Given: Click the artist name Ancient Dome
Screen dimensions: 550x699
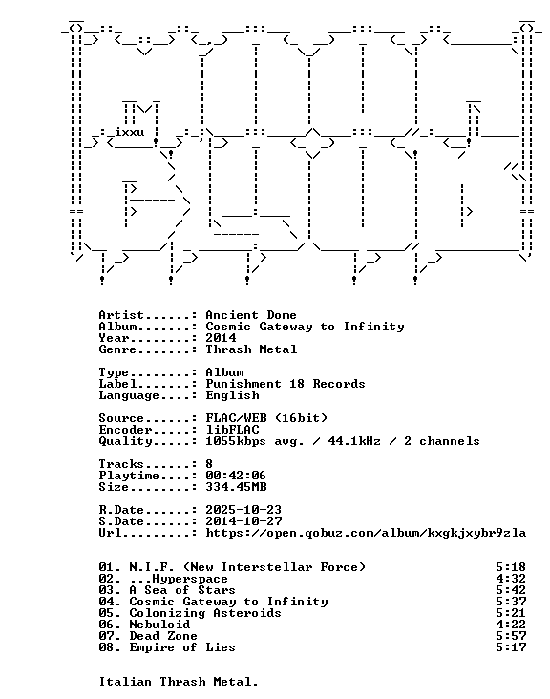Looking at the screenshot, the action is (251, 315).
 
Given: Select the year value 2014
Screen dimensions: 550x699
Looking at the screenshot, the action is (221, 338).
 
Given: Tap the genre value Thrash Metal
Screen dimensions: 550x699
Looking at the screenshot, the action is (251, 349).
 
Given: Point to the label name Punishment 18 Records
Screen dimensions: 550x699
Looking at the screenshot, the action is (286, 384).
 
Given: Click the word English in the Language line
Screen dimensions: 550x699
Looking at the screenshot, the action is (232, 395).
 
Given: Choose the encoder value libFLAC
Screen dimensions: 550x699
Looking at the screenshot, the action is (232, 430).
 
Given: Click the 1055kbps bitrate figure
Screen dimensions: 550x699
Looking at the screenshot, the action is (236, 441).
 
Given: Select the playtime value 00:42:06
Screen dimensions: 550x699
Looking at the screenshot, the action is (236, 476).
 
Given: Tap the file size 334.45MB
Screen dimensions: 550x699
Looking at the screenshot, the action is (236, 487).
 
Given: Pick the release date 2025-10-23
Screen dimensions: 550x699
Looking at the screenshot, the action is (243, 510).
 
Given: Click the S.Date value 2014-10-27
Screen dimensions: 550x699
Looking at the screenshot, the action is (243, 521).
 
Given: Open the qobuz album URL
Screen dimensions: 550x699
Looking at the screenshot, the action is (366, 533).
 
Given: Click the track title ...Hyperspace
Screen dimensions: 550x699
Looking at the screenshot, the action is (179, 579).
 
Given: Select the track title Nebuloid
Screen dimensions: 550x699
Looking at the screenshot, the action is (159, 625).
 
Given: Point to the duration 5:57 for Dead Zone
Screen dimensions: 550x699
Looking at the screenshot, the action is (511, 636).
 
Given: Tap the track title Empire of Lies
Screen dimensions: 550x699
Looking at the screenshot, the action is (182, 647).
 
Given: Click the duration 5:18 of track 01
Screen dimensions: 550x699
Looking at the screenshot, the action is (511, 567).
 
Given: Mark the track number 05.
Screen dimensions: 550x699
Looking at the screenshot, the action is (108, 613).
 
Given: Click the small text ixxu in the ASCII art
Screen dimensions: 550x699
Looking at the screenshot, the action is (129, 133).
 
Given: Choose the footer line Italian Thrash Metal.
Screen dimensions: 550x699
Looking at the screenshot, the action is (179, 682).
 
